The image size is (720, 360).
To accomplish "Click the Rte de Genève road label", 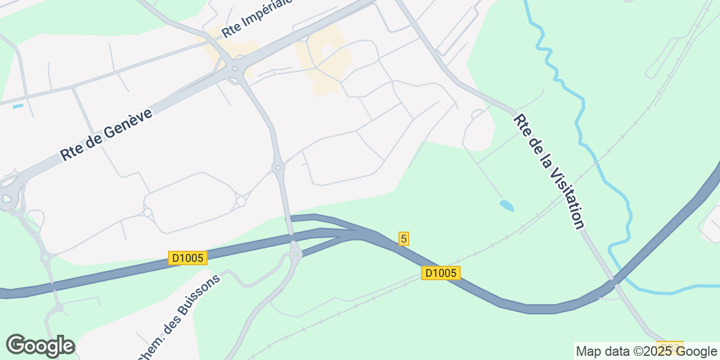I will tap(106, 134).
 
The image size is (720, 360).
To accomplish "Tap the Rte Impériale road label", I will tap(256, 18).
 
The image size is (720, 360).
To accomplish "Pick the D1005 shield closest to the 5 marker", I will tap(441, 273).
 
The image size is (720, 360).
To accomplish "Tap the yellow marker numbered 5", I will tap(404, 239).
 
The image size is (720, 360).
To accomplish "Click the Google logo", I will tap(40, 346).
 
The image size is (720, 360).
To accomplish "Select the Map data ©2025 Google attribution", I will tap(646, 351).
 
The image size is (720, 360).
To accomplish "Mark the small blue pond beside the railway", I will tap(507, 206).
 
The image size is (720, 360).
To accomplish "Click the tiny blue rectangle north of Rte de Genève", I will tap(18, 106).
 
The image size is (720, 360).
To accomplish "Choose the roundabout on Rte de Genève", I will tap(235, 68).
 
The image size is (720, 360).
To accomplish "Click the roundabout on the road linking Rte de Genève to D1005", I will tap(278, 168).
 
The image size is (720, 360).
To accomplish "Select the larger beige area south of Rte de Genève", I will tap(324, 63).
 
